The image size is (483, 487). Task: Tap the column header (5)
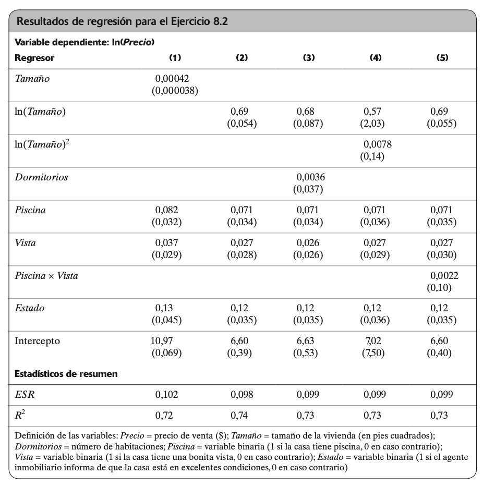click(x=442, y=58)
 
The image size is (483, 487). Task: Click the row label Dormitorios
click(x=41, y=177)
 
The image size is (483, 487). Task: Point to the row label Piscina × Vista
click(x=46, y=276)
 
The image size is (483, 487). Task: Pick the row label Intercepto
click(x=38, y=341)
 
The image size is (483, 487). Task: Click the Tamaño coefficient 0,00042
click(x=172, y=78)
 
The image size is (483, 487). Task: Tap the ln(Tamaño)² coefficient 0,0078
click(x=376, y=144)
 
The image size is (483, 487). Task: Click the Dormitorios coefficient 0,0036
click(x=310, y=177)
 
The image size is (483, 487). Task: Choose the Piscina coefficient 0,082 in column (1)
click(x=167, y=210)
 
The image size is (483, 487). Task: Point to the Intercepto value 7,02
click(x=375, y=341)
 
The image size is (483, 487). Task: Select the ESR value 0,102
click(x=167, y=395)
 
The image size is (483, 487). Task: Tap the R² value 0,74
click(x=241, y=416)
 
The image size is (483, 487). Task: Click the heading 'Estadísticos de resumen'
click(x=66, y=374)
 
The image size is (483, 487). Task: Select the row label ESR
click(x=25, y=395)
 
